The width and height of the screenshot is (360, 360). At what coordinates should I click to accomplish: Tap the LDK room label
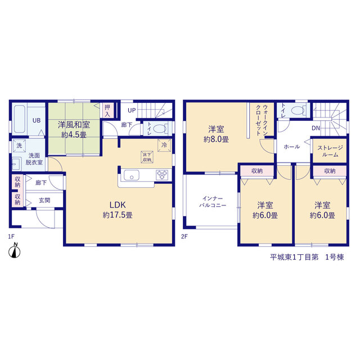118,205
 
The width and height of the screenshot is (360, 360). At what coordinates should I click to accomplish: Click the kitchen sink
132,175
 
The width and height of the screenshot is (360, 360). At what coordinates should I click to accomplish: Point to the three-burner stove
162,175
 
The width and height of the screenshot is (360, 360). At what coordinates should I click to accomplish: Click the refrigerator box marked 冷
164,145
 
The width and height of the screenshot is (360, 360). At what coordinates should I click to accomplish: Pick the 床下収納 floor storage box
147,157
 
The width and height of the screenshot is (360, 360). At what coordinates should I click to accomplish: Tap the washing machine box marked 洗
19,146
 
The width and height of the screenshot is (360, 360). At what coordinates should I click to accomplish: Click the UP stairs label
132,110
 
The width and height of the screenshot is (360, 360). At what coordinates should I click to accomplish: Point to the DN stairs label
316,128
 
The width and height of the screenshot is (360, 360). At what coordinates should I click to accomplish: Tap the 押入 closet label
107,110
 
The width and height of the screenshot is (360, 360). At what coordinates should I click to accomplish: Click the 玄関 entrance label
44,200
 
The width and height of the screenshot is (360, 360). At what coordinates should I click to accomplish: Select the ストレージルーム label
330,151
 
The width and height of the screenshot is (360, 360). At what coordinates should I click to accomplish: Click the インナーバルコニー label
213,201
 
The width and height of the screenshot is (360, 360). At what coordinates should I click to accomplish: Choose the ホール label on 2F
291,146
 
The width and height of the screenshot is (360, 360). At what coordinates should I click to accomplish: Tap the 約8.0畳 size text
216,139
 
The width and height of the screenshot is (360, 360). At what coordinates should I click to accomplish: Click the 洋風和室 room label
74,125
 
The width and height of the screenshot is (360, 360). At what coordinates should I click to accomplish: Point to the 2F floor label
184,236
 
